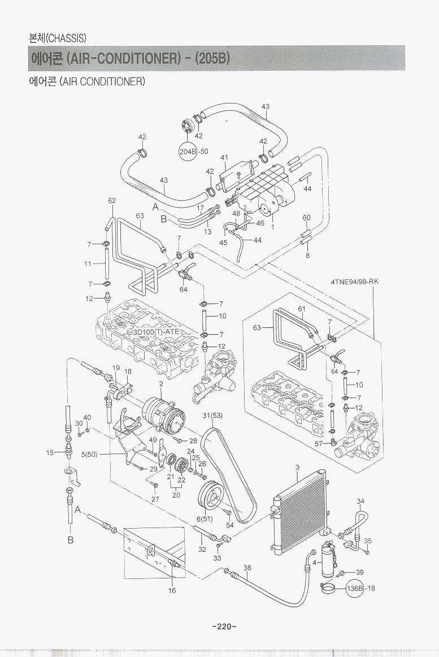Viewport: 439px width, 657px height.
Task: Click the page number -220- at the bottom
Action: (x=223, y=626)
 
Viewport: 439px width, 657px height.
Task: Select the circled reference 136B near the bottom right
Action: (x=354, y=588)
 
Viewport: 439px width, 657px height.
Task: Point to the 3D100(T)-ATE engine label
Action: (x=157, y=332)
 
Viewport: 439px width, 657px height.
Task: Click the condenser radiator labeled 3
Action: (x=298, y=509)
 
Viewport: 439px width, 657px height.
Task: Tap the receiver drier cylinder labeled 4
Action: (x=328, y=560)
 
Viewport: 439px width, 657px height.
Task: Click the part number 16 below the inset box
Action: (x=172, y=590)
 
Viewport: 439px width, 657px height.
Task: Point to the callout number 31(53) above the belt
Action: (x=212, y=416)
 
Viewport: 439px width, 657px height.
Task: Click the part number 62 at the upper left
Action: (x=112, y=201)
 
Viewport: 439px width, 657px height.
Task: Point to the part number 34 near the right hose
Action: (x=360, y=501)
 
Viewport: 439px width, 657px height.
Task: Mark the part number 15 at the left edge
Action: (x=50, y=452)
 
